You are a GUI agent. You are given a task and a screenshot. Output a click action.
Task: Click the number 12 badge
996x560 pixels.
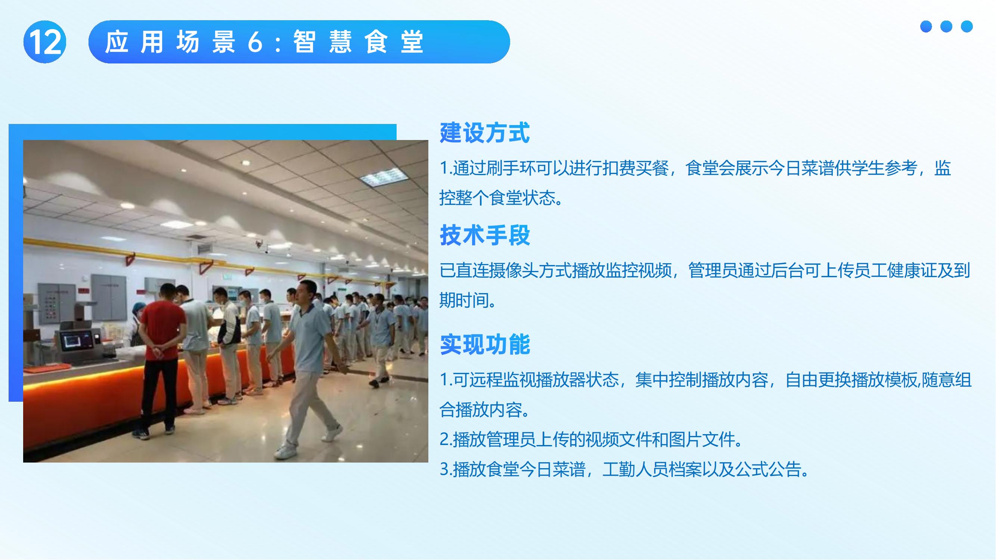[45, 42]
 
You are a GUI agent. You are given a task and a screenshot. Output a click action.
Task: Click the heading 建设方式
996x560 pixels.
[484, 133]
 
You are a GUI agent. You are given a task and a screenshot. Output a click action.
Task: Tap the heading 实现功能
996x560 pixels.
[484, 344]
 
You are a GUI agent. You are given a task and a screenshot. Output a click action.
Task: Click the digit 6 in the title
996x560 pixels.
[255, 42]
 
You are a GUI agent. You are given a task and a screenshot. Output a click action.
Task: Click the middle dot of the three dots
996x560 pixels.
[946, 26]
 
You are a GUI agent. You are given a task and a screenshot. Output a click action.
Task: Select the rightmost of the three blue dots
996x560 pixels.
[966, 26]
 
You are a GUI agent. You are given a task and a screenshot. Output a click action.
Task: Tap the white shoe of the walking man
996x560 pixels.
[286, 451]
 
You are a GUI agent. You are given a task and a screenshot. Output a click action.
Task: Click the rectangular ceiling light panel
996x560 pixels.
[384, 178]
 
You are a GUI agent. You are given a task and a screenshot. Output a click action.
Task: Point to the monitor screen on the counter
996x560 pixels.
[76, 341]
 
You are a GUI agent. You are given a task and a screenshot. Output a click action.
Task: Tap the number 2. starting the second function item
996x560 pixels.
[446, 440]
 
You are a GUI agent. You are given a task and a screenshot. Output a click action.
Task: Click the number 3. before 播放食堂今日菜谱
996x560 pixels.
[446, 470]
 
